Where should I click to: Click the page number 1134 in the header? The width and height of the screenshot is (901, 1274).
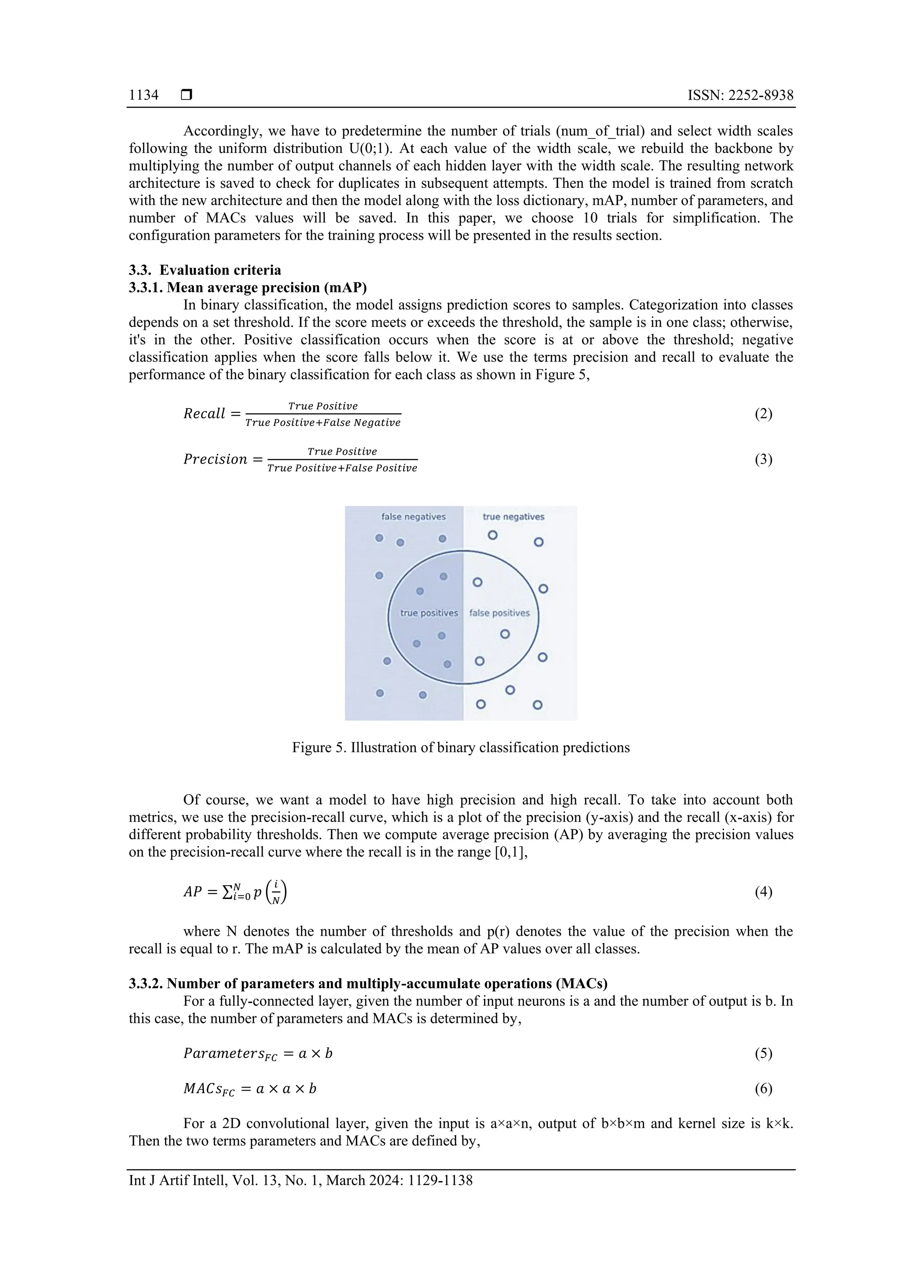[143, 95]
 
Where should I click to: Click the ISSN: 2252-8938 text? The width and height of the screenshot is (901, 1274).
[740, 95]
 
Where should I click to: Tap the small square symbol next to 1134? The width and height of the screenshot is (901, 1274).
[187, 95]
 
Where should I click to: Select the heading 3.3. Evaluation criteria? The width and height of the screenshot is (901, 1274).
[205, 270]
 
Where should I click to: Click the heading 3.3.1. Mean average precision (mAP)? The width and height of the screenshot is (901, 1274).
[248, 288]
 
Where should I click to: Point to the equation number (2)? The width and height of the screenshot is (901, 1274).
[763, 413]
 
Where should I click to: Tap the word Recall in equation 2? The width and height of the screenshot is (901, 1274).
[204, 414]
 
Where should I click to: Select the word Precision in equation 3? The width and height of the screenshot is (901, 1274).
[216, 460]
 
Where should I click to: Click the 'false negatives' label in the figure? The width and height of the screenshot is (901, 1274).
[413, 517]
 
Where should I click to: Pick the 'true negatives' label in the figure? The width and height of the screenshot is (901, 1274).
[513, 517]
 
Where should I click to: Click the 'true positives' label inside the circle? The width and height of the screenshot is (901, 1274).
[429, 613]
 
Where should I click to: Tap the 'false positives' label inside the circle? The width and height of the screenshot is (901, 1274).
[499, 613]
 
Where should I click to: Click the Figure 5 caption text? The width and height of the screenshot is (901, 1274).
[461, 748]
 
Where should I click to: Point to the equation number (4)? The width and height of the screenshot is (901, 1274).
[763, 892]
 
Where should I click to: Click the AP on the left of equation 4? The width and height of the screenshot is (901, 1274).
[193, 892]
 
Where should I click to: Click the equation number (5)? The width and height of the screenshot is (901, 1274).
[763, 1053]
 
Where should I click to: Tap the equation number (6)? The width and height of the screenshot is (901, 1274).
[763, 1089]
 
